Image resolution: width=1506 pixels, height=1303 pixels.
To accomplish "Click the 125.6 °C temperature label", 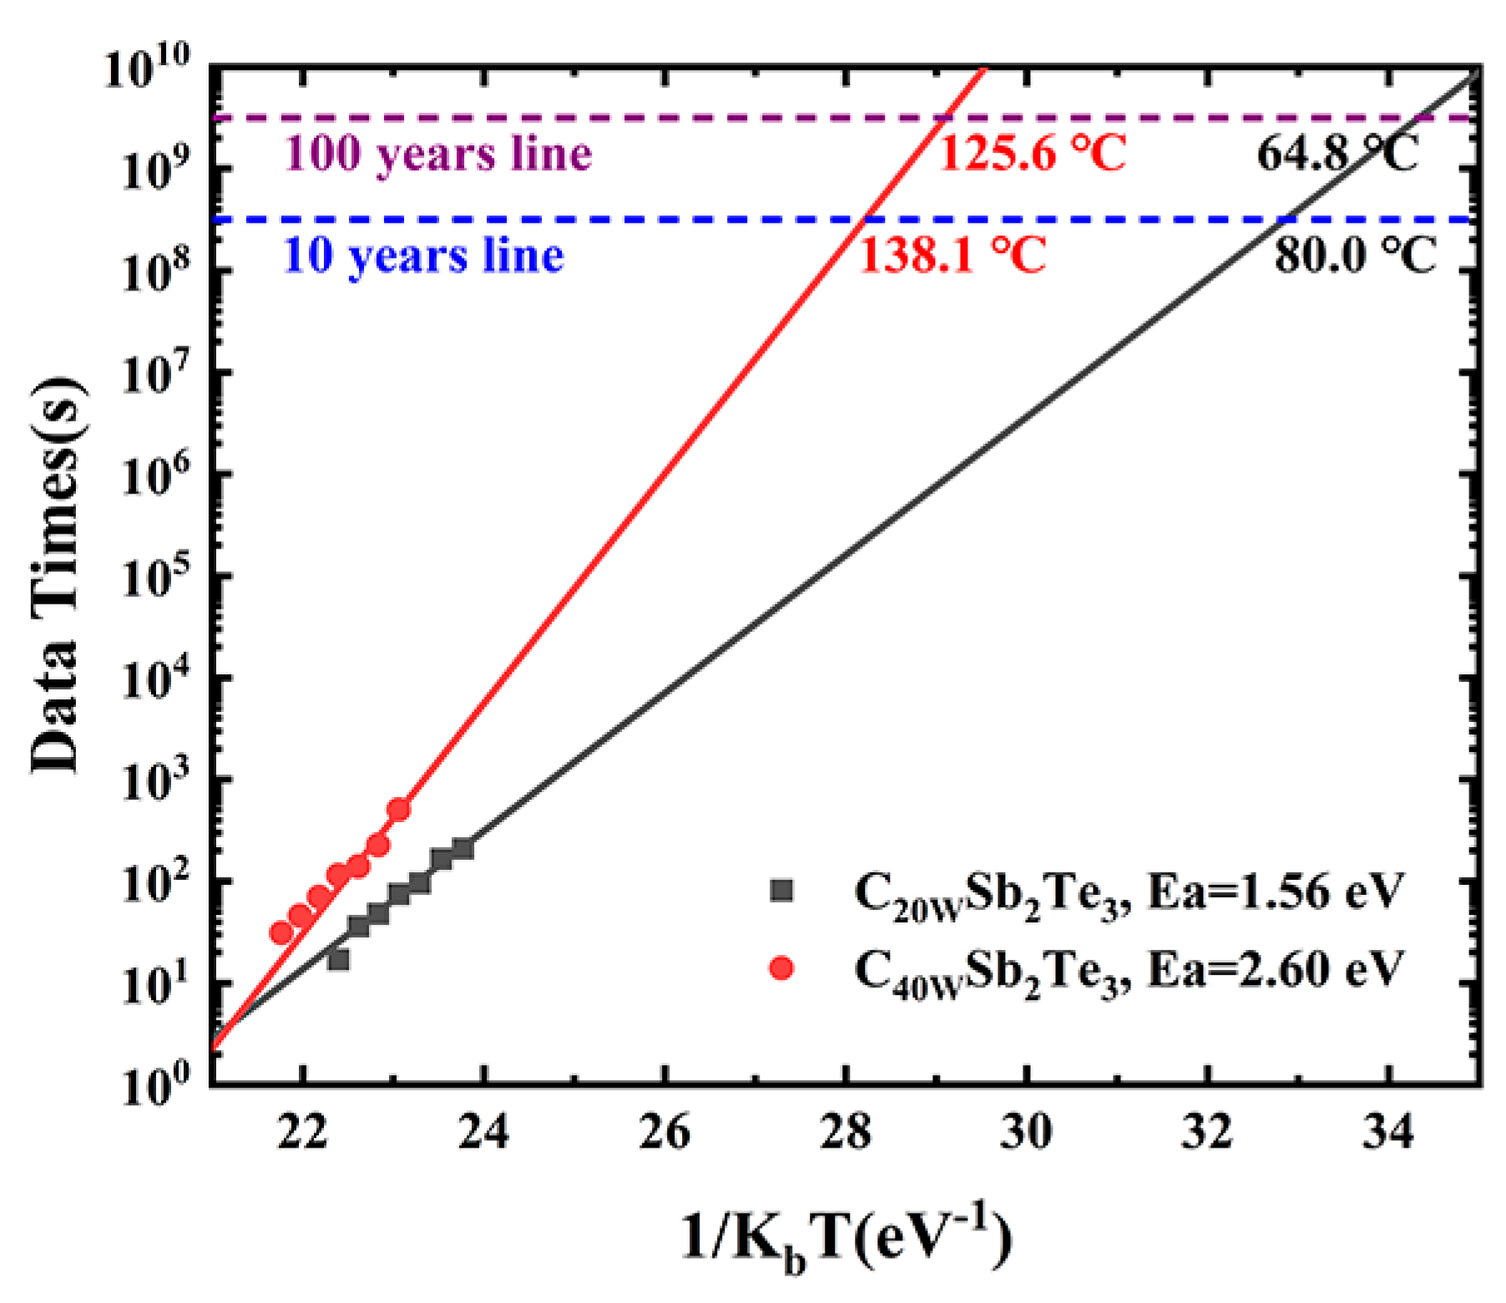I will (x=1032, y=154).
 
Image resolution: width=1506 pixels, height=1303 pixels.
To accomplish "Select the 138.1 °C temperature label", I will (x=952, y=255).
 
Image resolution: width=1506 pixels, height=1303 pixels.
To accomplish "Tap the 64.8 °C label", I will (x=1337, y=154).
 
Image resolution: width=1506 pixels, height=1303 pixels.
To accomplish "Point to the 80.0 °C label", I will (x=1355, y=255).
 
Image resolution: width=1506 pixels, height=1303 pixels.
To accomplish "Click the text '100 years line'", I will (x=437, y=154).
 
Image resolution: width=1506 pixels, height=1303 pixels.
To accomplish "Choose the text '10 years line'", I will (x=423, y=255).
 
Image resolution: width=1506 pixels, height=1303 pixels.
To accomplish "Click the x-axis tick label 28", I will (x=845, y=1133).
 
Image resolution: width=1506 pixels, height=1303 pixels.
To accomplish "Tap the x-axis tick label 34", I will (x=1387, y=1133).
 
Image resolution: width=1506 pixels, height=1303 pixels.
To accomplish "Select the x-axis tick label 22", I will (x=303, y=1133).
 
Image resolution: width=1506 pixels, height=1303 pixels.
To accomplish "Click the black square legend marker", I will (x=781, y=891).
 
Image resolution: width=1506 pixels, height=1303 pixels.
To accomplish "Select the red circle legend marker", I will (x=781, y=968).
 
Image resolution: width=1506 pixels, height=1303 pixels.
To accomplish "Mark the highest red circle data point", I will (x=399, y=809).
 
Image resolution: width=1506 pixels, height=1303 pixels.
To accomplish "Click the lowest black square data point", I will (x=338, y=960).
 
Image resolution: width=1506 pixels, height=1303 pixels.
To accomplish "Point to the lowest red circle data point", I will (x=282, y=933).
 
